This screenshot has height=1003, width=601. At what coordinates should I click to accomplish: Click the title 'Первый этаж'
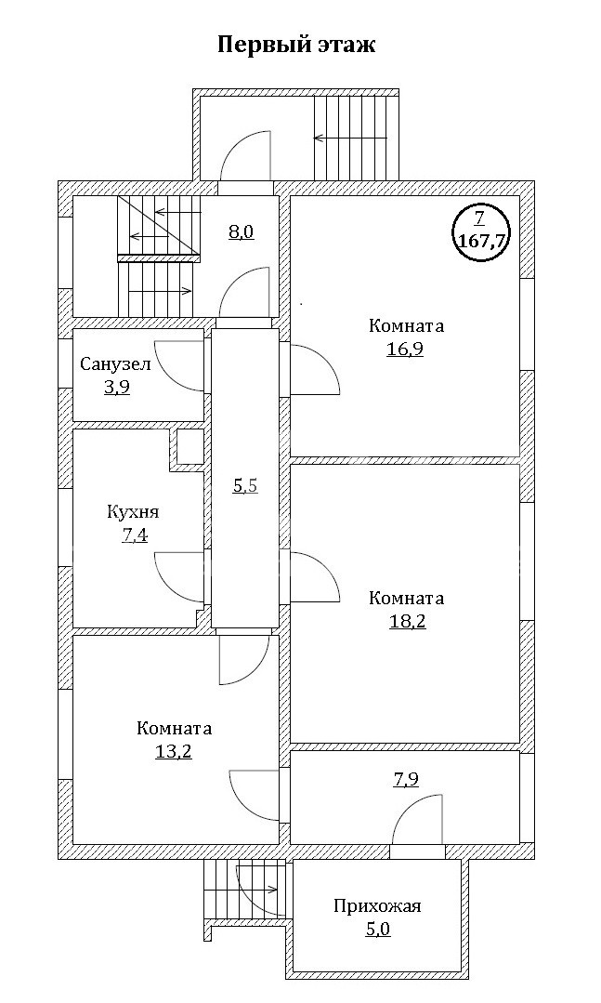click(x=296, y=45)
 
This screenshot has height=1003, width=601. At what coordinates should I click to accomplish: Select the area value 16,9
click(x=406, y=350)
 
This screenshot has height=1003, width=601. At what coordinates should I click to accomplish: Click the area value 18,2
click(x=407, y=621)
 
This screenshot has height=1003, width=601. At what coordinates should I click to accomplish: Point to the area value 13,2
click(x=174, y=751)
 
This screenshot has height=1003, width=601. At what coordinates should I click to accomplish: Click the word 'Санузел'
click(x=115, y=363)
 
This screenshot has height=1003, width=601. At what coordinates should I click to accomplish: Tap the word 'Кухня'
click(x=133, y=511)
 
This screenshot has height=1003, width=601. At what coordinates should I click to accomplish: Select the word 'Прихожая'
click(x=377, y=905)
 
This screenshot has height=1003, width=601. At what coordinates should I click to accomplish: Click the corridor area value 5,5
click(x=244, y=484)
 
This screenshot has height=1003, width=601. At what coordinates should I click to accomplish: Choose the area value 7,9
click(x=406, y=779)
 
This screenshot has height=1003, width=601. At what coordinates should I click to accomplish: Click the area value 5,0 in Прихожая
click(x=377, y=928)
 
